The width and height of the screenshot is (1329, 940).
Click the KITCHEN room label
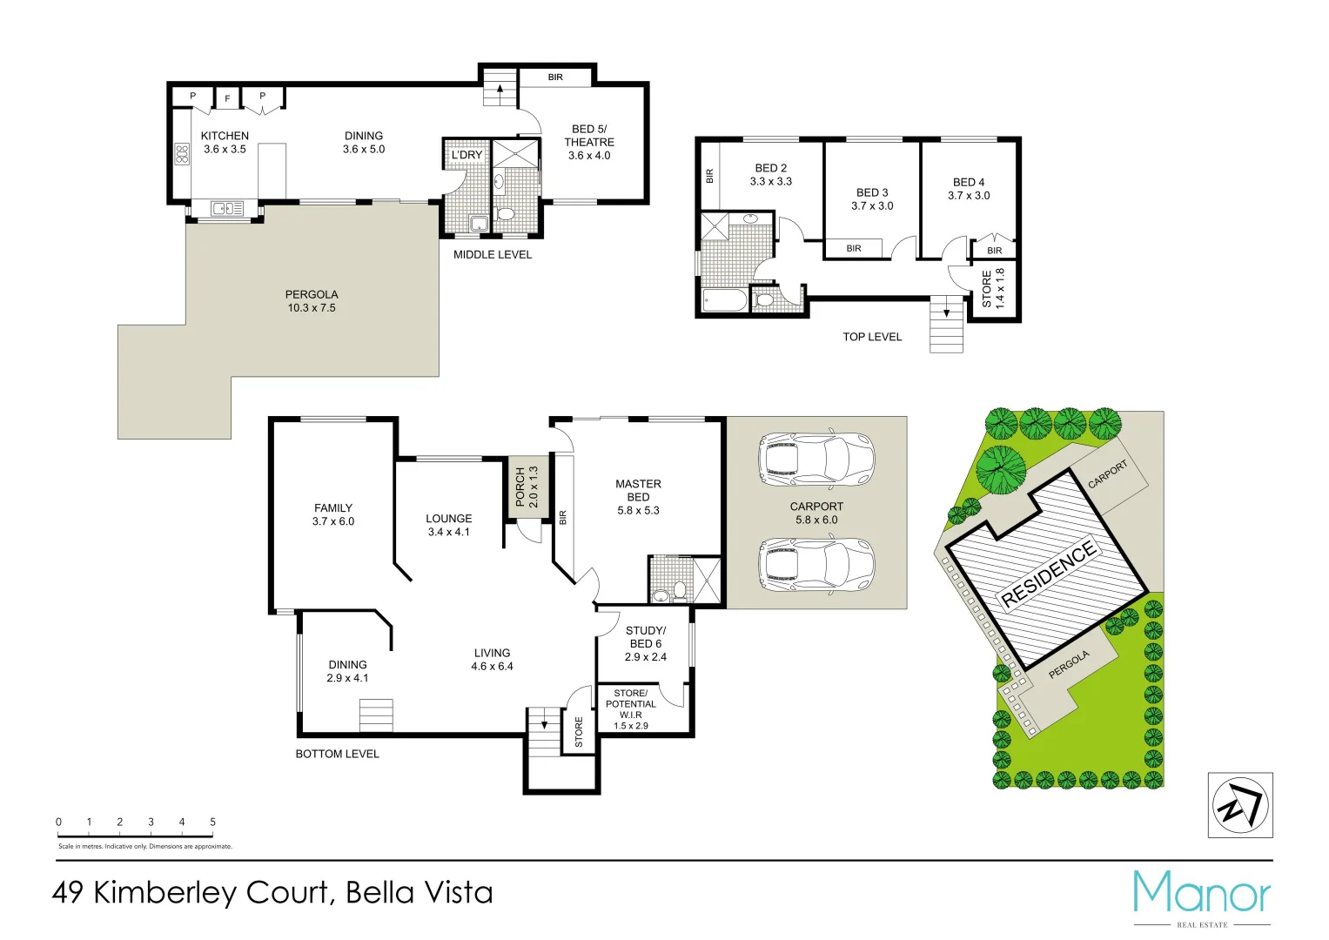[225, 142]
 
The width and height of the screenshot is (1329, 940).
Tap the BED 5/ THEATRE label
[589, 142]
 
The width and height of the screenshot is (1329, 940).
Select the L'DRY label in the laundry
[466, 155]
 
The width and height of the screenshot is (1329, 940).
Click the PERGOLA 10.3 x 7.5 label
[312, 301]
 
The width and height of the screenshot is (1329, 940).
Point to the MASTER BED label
[638, 497]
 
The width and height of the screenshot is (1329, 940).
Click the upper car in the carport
[816, 459]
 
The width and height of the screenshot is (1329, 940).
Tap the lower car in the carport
[816, 565]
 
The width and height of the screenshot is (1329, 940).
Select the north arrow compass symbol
[1240, 805]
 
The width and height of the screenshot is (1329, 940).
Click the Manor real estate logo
[1202, 896]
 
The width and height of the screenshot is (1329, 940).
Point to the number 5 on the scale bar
[212, 822]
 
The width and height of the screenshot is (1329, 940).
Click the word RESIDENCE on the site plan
[1048, 574]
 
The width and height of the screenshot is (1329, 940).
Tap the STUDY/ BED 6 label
[645, 643]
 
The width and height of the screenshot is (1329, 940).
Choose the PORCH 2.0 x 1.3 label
[527, 487]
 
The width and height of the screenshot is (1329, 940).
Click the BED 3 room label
[872, 199]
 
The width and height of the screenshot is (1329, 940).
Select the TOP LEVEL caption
[872, 337]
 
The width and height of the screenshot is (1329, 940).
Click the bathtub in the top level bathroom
[724, 301]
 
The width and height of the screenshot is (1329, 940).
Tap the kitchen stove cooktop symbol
[182, 155]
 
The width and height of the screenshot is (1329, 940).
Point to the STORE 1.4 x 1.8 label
[993, 288]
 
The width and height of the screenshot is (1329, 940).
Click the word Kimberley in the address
[210, 893]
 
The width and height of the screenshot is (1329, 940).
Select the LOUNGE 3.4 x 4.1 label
[448, 525]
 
